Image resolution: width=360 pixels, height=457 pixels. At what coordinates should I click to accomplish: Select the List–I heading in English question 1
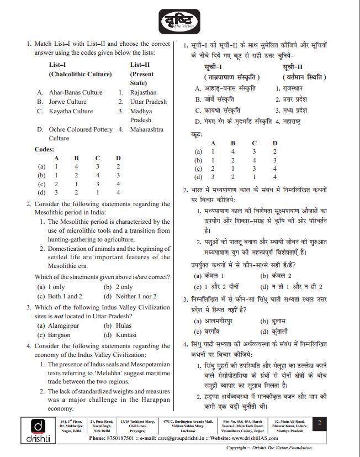58,64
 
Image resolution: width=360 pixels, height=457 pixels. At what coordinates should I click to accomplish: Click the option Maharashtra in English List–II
146,130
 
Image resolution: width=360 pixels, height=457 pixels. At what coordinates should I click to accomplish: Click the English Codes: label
44,149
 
